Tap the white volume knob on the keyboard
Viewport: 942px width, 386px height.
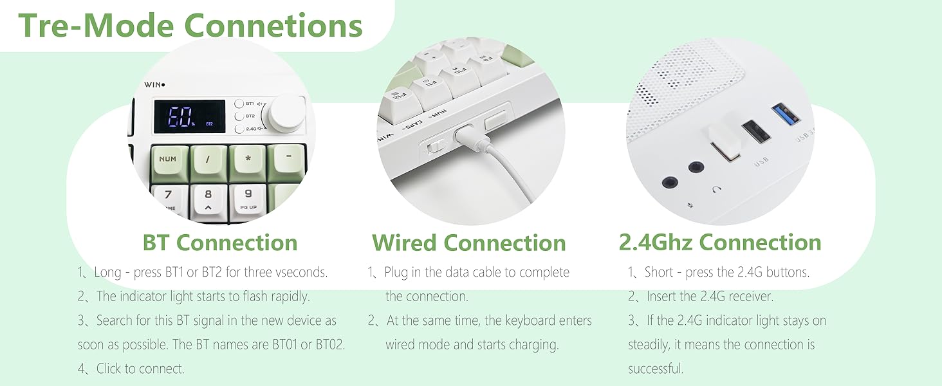click(x=287, y=114)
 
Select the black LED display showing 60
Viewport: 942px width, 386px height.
click(x=190, y=116)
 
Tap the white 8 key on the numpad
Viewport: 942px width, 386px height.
click(x=209, y=200)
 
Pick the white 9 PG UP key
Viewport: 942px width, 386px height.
click(x=248, y=199)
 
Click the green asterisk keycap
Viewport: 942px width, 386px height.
click(x=248, y=163)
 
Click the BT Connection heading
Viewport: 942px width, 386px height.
click(x=220, y=243)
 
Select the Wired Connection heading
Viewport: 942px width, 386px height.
click(x=469, y=243)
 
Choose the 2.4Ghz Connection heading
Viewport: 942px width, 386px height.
click(x=720, y=243)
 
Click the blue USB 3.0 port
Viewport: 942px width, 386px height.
click(x=786, y=114)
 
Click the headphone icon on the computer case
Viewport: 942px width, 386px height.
click(x=717, y=189)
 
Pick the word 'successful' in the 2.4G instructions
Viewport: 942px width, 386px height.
click(x=656, y=369)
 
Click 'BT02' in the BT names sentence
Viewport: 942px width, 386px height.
click(x=330, y=345)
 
